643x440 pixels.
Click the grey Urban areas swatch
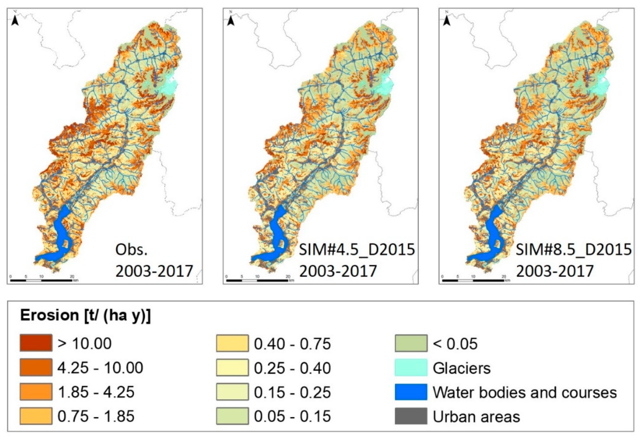tap(411, 416)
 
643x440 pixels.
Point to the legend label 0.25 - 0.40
tap(292, 368)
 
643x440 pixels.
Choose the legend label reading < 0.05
tap(455, 344)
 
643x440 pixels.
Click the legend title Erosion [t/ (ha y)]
tap(85, 315)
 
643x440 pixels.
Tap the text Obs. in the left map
tap(132, 250)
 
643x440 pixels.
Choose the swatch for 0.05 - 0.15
tap(232, 416)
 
